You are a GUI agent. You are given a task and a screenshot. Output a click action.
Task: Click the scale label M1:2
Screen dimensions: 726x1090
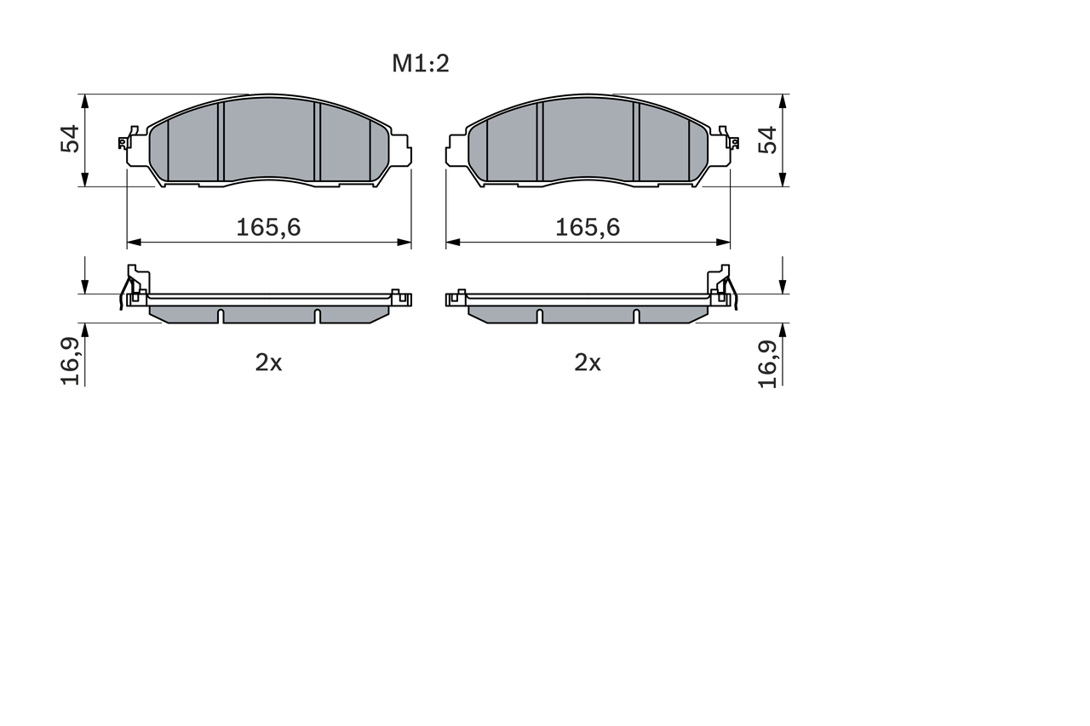[x=420, y=64]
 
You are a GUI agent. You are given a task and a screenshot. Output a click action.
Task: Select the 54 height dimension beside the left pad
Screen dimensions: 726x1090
[x=70, y=139]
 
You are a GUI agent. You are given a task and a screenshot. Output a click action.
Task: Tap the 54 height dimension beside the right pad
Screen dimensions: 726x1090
[x=768, y=139]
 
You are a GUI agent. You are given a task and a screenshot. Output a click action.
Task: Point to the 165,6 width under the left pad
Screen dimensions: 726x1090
[x=268, y=227]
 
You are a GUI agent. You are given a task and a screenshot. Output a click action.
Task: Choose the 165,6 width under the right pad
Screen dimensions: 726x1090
[x=588, y=227]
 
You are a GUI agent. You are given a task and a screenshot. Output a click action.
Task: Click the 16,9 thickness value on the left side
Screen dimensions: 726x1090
[x=71, y=361]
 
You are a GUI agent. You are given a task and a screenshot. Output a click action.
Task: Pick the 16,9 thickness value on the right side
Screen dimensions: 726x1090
[x=768, y=361]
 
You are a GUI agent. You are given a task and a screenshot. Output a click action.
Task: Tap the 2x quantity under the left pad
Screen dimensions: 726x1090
[x=268, y=363]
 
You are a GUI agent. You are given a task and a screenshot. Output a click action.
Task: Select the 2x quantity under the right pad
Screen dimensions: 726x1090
[x=588, y=363]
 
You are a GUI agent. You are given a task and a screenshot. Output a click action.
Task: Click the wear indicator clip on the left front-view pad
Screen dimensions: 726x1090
[x=128, y=139]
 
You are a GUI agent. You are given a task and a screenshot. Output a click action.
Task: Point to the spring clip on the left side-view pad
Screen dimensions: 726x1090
[x=133, y=286]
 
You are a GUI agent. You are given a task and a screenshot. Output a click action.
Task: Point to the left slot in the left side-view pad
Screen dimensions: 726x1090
[x=221, y=316]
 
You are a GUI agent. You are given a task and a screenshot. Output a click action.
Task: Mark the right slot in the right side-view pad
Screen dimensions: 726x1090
[x=635, y=316]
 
